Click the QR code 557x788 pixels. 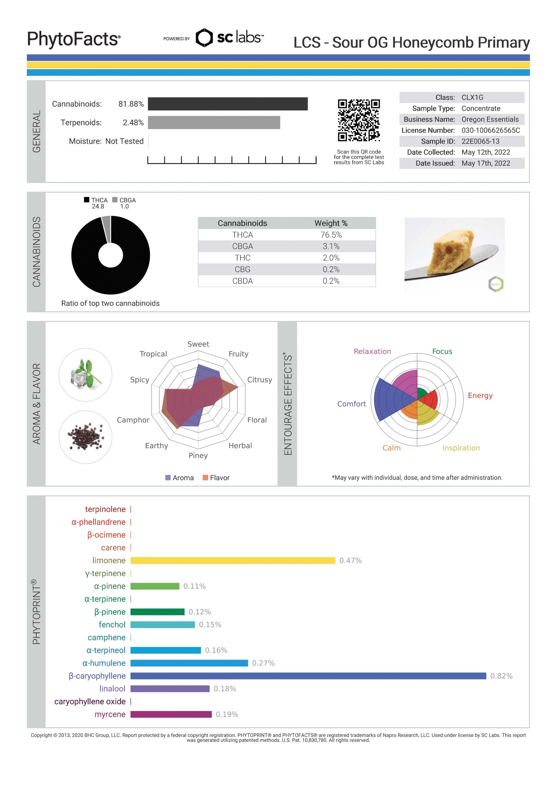358,120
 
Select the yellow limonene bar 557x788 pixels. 232,561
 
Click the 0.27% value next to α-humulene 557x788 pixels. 263,663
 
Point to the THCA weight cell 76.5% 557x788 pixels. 331,235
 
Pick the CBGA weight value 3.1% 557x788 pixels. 331,247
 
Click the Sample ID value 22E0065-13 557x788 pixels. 480,141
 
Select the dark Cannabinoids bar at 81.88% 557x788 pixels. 228,104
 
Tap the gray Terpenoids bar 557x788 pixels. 214,123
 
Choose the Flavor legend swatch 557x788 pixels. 205,478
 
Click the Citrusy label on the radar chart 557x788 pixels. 259,380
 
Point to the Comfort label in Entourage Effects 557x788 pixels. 351,404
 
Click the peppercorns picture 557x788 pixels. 86,437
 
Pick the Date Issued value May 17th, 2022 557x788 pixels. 486,163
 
